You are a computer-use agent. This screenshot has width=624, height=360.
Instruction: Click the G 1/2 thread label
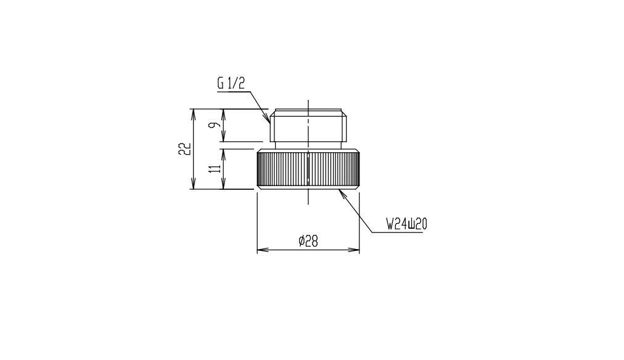[231, 83]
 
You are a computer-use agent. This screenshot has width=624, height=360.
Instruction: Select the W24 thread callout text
[406, 224]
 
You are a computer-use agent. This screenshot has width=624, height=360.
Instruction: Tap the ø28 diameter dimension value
[308, 240]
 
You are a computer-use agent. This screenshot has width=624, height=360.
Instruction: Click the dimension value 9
[215, 125]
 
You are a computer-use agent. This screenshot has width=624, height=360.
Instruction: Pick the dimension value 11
[215, 168]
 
